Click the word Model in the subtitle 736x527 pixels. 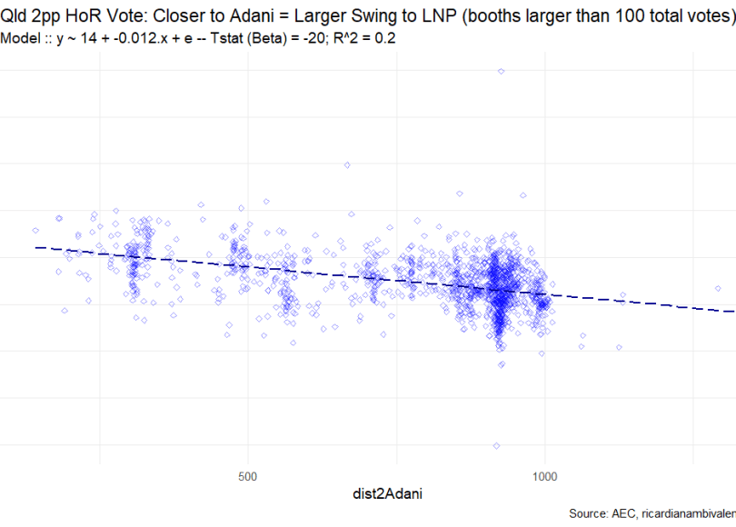[x=22, y=39]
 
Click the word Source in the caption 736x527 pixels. [x=591, y=514]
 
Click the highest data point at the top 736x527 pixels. [x=501, y=71]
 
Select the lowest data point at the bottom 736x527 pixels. [x=496, y=445]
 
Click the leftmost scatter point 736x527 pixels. [x=35, y=231]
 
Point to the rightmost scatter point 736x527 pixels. [x=718, y=288]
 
